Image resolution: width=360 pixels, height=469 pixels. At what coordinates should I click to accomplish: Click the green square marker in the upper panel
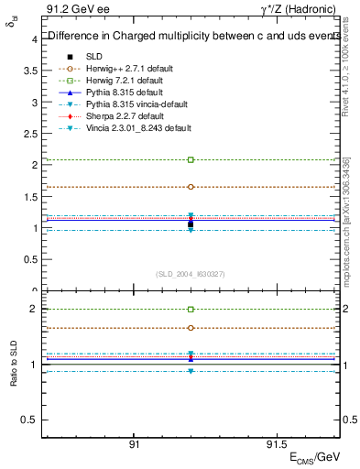pyautogui.click(x=191, y=159)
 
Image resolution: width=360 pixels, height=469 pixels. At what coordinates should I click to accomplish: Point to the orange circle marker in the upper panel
pyautogui.click(x=191, y=186)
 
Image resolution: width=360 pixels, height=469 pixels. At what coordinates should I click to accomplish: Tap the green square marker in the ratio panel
pyautogui.click(x=191, y=310)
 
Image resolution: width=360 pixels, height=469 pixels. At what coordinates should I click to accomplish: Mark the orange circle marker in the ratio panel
pyautogui.click(x=191, y=328)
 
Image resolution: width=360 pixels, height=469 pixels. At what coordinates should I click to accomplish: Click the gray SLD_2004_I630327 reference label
pyautogui.click(x=191, y=273)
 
